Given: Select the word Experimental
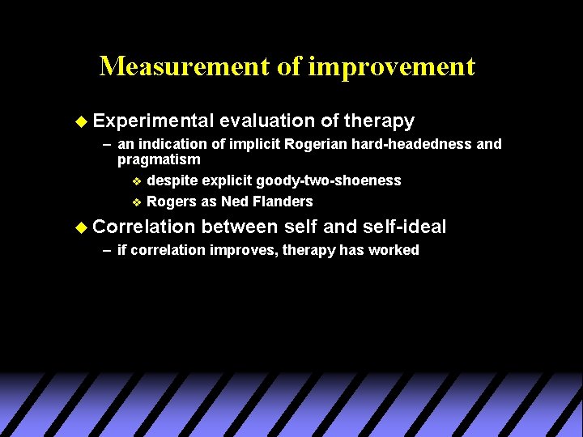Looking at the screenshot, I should [152, 121].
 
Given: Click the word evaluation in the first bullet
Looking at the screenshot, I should [266, 121].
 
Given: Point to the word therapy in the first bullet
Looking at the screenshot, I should [379, 121].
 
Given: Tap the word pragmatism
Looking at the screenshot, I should [159, 159].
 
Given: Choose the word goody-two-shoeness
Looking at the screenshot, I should [328, 180].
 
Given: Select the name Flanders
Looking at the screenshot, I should [284, 202].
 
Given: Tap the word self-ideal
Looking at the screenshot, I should [405, 227].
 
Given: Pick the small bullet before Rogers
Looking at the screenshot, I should [136, 202].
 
